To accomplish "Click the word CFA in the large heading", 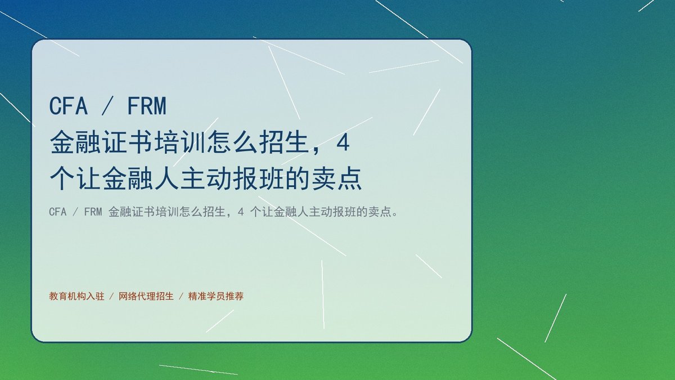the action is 69,106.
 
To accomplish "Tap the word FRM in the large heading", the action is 147,106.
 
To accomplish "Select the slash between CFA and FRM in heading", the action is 107,106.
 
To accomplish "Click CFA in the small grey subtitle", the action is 57,212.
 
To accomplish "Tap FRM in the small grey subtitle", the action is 93,212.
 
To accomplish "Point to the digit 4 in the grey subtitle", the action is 241,212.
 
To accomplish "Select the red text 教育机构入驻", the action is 76,296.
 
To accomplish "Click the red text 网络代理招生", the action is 146,296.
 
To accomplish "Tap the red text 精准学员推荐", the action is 216,296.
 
